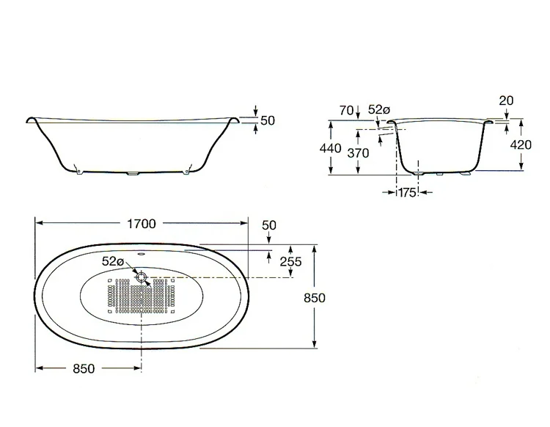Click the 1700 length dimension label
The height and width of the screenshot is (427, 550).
pos(141,224)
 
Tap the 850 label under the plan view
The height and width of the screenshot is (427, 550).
pos(84,368)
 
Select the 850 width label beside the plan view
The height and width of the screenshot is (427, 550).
pos(315,298)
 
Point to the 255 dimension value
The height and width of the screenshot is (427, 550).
pos(291,261)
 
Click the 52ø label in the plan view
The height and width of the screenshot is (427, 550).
pos(113,261)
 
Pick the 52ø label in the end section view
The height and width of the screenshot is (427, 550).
pos(379,110)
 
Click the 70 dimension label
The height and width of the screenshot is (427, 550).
pos(346,111)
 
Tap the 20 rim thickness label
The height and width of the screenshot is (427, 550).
pos(506,101)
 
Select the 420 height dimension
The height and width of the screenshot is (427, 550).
pos(521,145)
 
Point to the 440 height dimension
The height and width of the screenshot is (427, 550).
pos(330,148)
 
